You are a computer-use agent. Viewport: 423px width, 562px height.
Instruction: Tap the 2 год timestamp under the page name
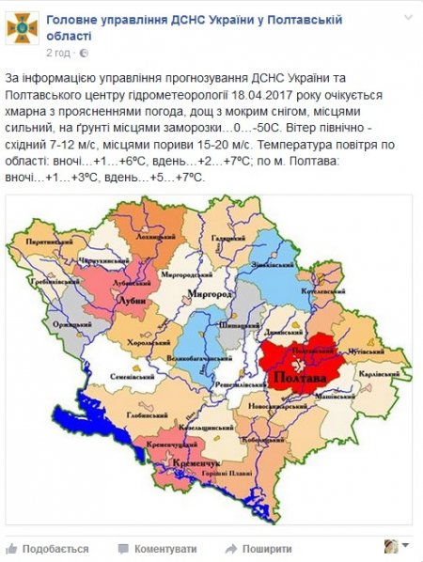[x=58, y=52]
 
